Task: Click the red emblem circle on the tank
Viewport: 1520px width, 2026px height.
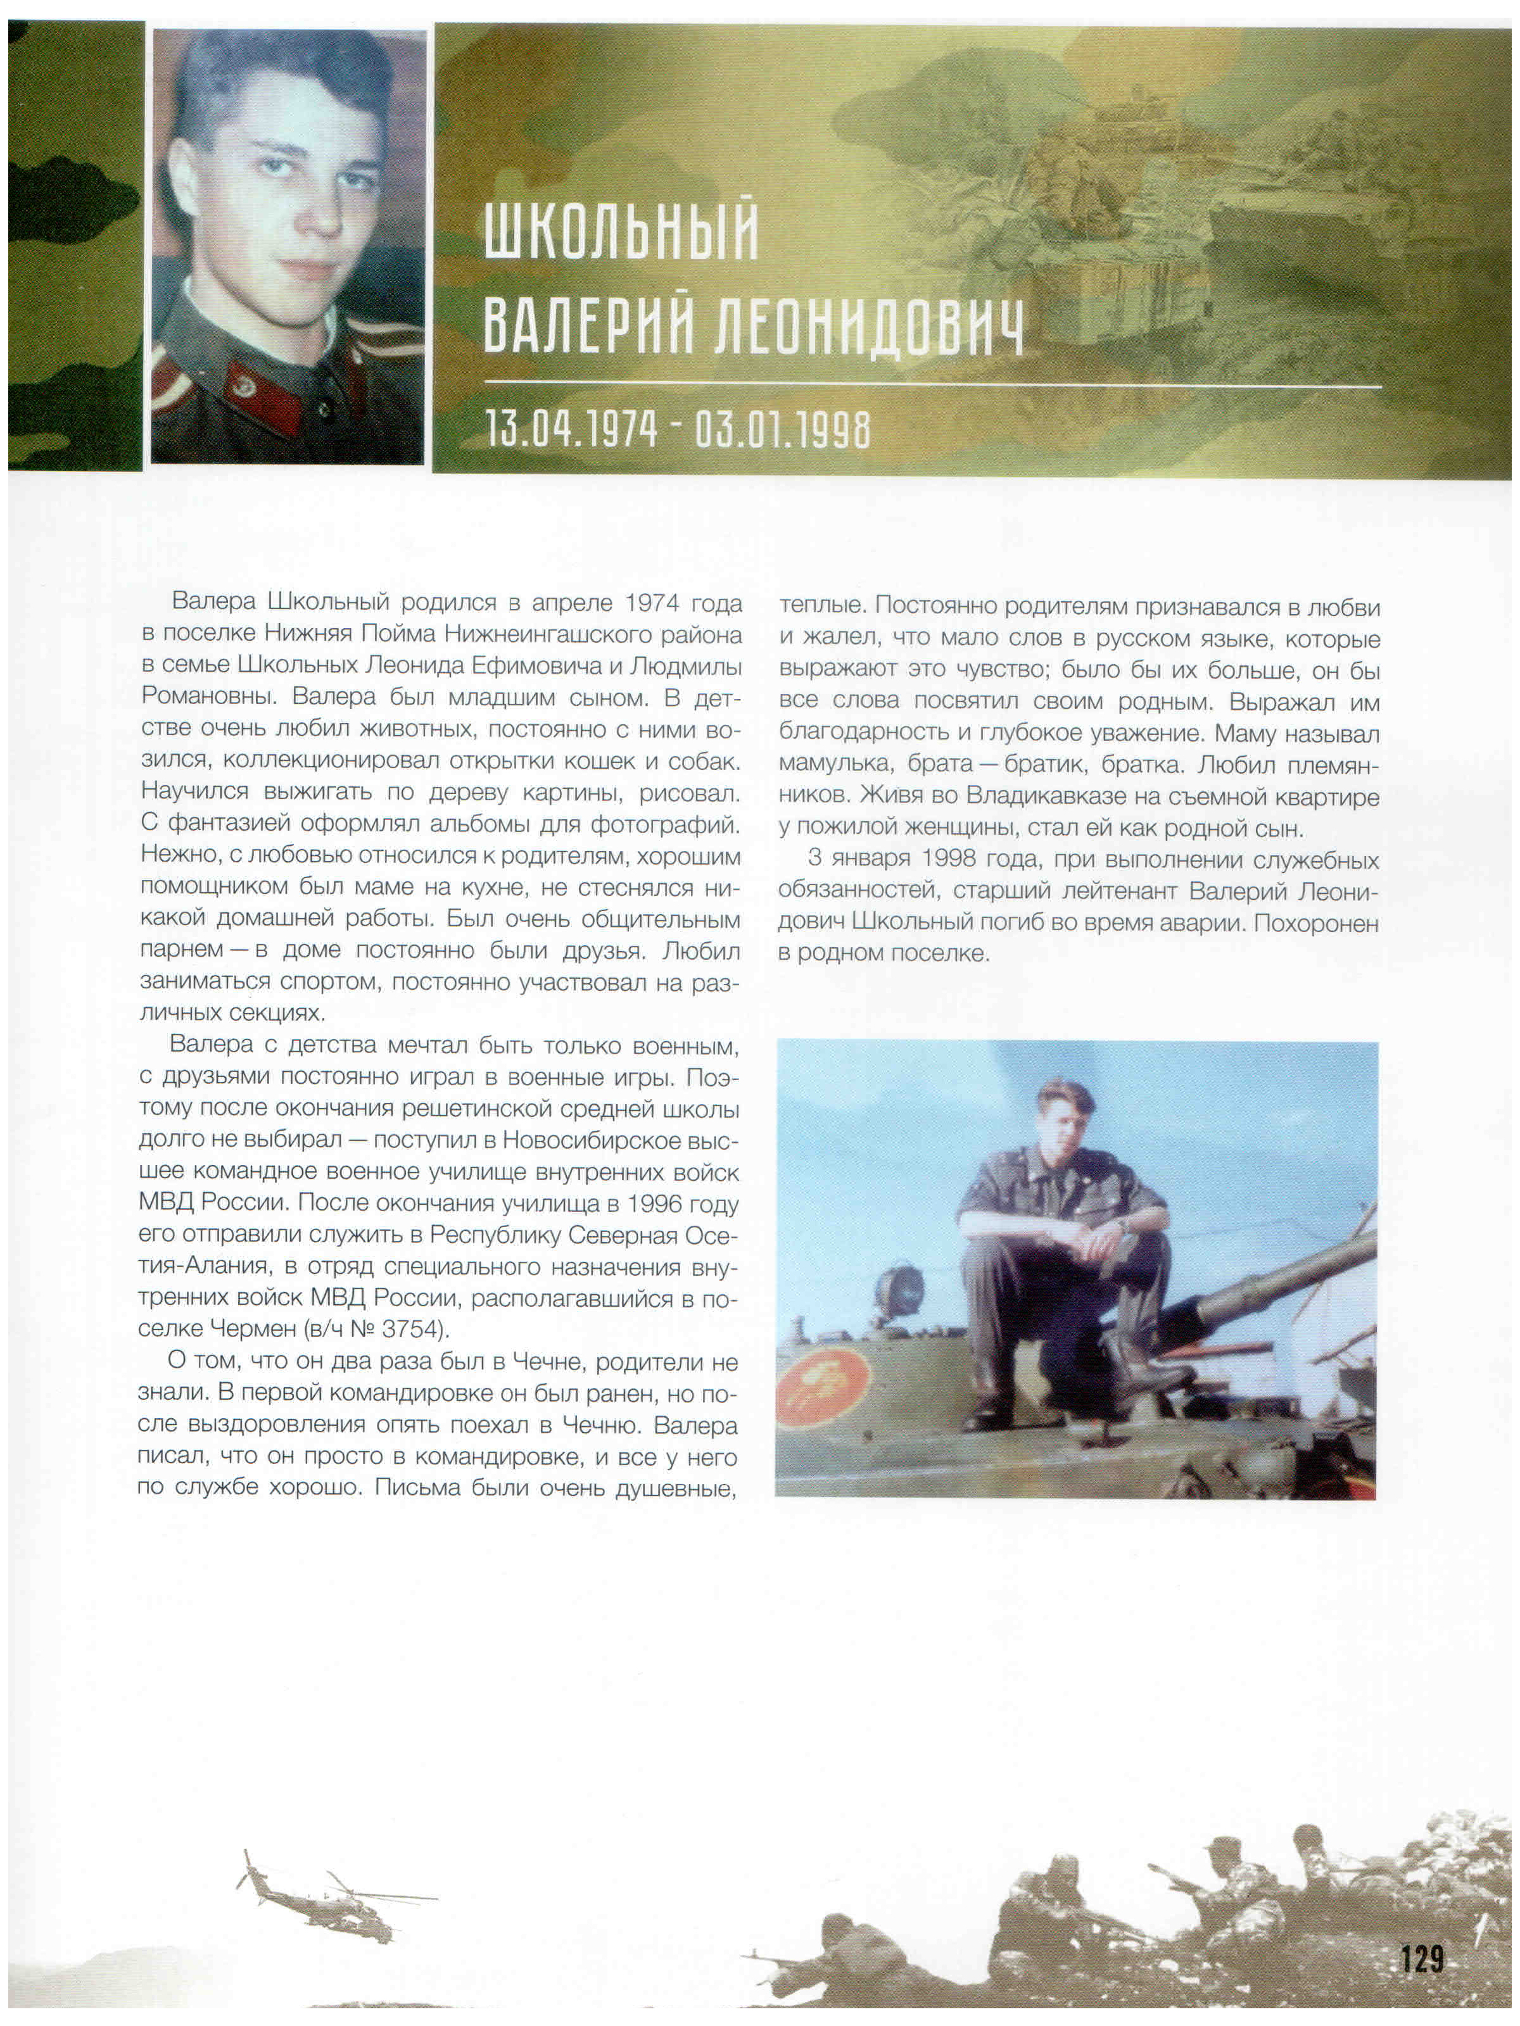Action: [823, 1395]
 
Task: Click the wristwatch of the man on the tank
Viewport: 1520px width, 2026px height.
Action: [1124, 1222]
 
